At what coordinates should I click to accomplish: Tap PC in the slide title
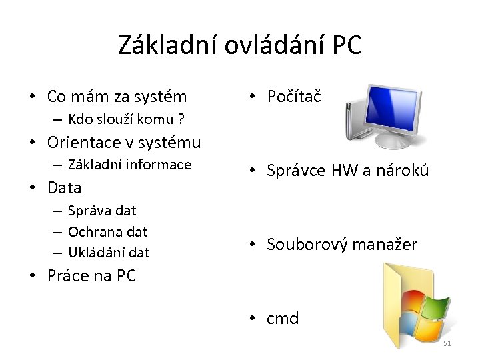[x=345, y=45]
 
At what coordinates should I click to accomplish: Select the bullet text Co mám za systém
[x=117, y=97]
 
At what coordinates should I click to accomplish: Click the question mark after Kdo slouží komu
[x=181, y=120]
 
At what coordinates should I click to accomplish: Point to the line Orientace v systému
[x=124, y=142]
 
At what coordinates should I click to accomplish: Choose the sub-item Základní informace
[x=129, y=165]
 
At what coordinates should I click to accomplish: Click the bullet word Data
[x=65, y=188]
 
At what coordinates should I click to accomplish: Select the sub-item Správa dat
[x=101, y=211]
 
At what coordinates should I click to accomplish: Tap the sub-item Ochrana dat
[x=107, y=232]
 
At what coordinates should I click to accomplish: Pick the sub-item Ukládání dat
[x=109, y=253]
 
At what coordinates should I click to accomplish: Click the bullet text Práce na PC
[x=91, y=275]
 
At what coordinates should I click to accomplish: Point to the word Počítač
[x=294, y=97]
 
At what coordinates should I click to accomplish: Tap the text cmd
[x=283, y=319]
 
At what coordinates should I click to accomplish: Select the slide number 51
[x=447, y=343]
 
